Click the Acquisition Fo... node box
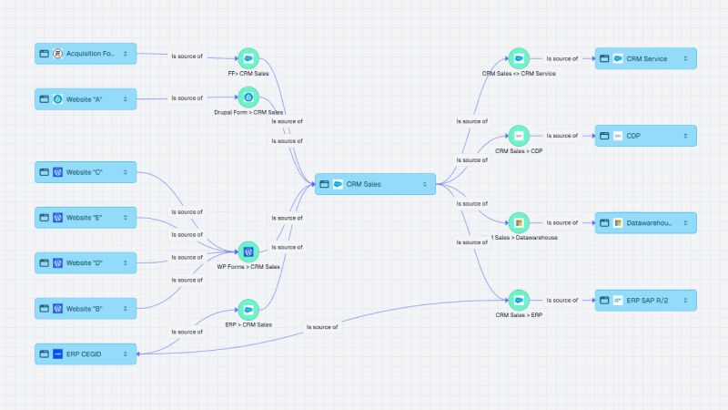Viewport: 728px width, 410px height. click(86, 55)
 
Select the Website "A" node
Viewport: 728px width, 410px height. click(86, 98)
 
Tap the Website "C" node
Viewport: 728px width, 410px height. click(86, 171)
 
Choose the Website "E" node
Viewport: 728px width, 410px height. click(86, 218)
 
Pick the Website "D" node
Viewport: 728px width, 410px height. click(86, 262)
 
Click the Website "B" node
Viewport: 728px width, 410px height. click(86, 309)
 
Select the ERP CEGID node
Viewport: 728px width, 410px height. click(86, 354)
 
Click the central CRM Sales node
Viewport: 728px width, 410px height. click(375, 184)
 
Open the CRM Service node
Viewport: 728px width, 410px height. click(645, 58)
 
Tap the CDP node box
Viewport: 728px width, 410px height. click(645, 136)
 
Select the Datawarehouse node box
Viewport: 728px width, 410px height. click(645, 222)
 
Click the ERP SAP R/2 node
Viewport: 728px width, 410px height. click(645, 300)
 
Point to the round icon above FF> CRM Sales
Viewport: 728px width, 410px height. click(248, 57)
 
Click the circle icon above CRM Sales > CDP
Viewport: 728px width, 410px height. click(518, 136)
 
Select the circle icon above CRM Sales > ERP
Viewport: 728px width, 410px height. click(518, 300)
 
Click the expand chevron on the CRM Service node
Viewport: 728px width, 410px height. click(686, 58)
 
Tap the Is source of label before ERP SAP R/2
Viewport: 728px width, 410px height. click(561, 300)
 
